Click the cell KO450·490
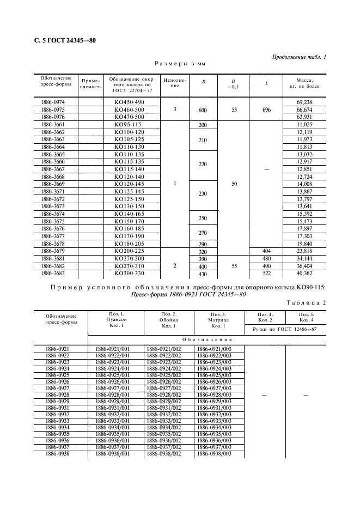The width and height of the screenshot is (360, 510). [x=129, y=102]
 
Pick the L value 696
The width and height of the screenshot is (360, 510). [x=267, y=110]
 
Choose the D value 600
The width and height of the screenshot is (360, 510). [x=203, y=110]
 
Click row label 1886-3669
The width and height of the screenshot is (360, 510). [x=52, y=184]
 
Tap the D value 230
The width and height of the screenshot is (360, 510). [x=203, y=194]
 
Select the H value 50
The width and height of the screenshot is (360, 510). [x=234, y=184]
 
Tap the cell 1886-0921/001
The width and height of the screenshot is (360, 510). [x=112, y=348]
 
